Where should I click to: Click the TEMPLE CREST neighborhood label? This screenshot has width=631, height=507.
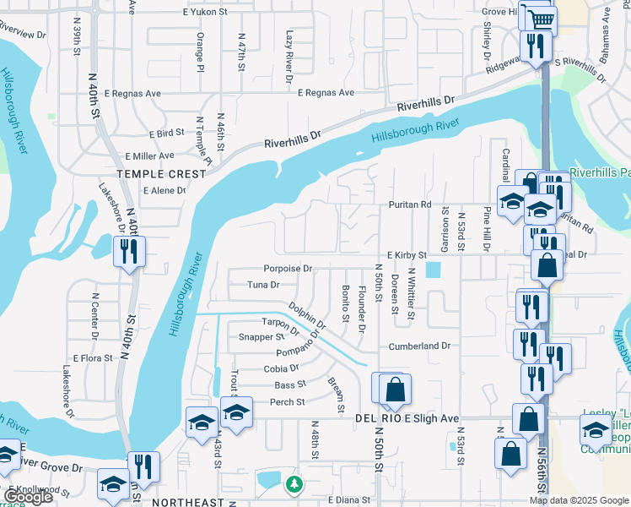pyautogui.click(x=161, y=173)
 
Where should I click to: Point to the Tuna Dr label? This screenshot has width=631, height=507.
pyautogui.click(x=263, y=285)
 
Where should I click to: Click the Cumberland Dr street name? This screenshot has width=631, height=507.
pyautogui.click(x=420, y=346)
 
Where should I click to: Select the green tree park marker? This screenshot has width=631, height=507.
pyautogui.click(x=294, y=484)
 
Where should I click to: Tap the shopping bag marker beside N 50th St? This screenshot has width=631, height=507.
pyautogui.click(x=395, y=390)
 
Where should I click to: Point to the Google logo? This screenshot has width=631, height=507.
pyautogui.click(x=28, y=497)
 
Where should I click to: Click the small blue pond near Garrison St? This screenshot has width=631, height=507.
pyautogui.click(x=434, y=270)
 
